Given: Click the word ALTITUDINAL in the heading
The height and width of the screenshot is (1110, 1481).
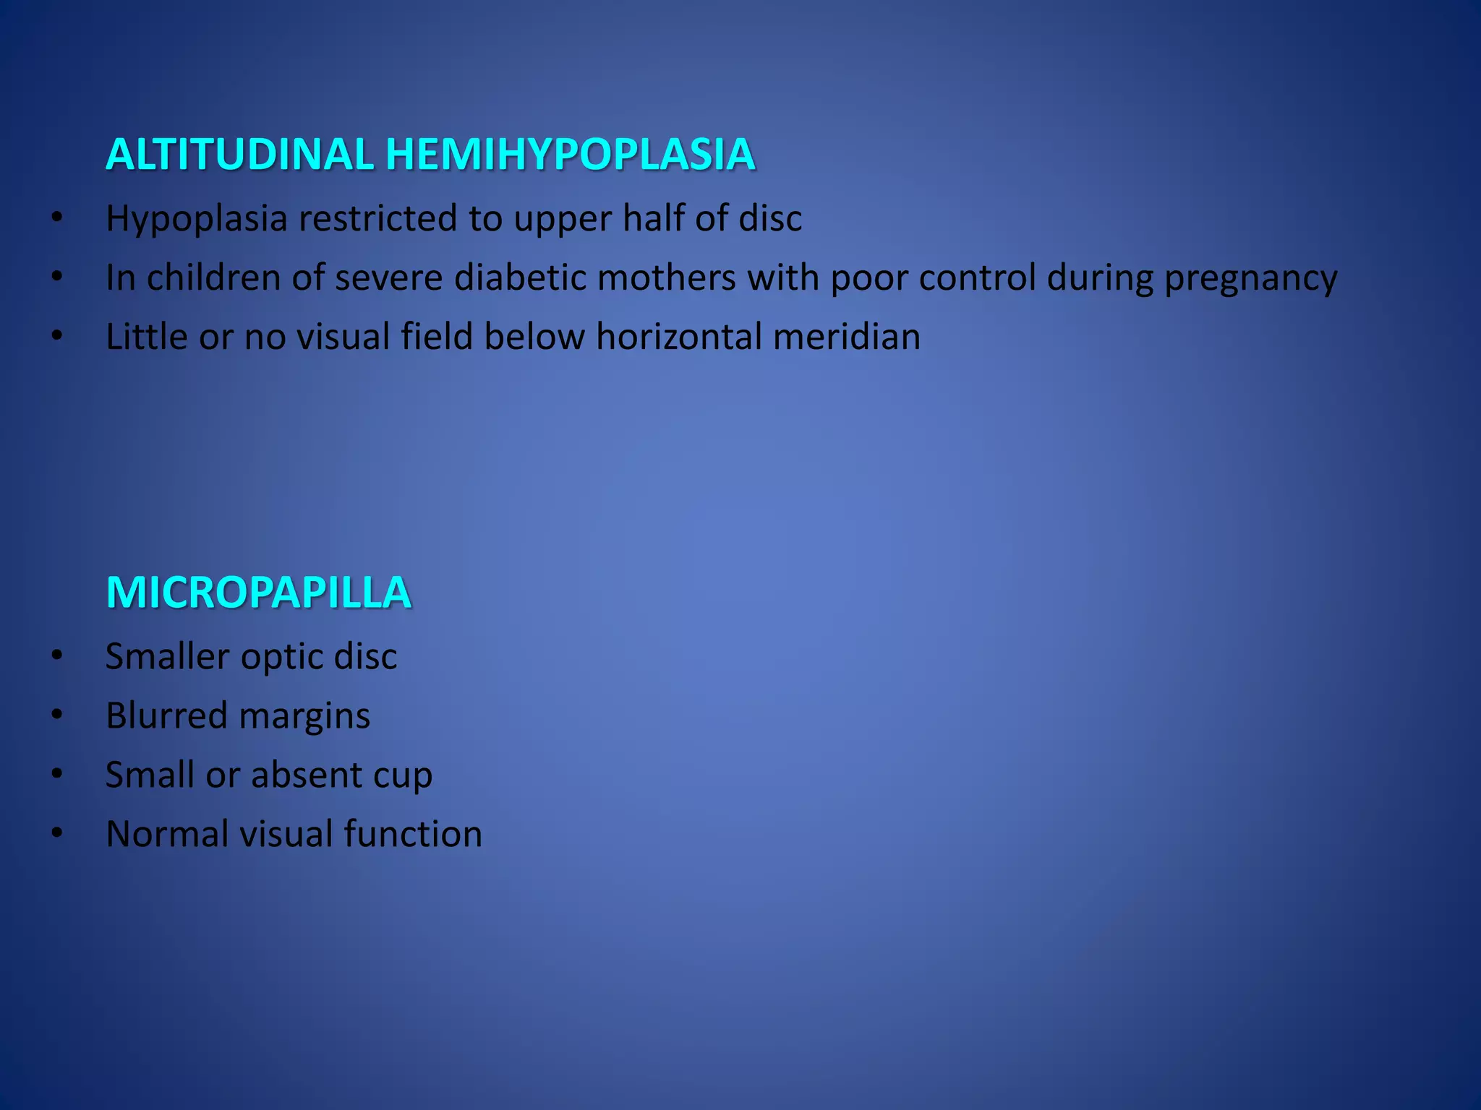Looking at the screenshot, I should click(239, 155).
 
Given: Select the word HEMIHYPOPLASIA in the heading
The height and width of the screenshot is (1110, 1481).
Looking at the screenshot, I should click(571, 155).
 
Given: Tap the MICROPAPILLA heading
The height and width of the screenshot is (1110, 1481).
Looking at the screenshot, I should click(258, 593).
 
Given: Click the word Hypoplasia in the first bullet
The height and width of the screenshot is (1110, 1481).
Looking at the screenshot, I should click(197, 218).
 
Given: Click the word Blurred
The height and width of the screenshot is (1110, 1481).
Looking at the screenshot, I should click(166, 715).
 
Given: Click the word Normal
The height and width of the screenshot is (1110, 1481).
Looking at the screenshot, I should click(167, 834).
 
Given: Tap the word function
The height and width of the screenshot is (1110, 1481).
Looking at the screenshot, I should click(412, 834).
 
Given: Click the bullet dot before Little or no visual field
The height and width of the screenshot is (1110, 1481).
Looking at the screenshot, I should click(57, 337).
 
